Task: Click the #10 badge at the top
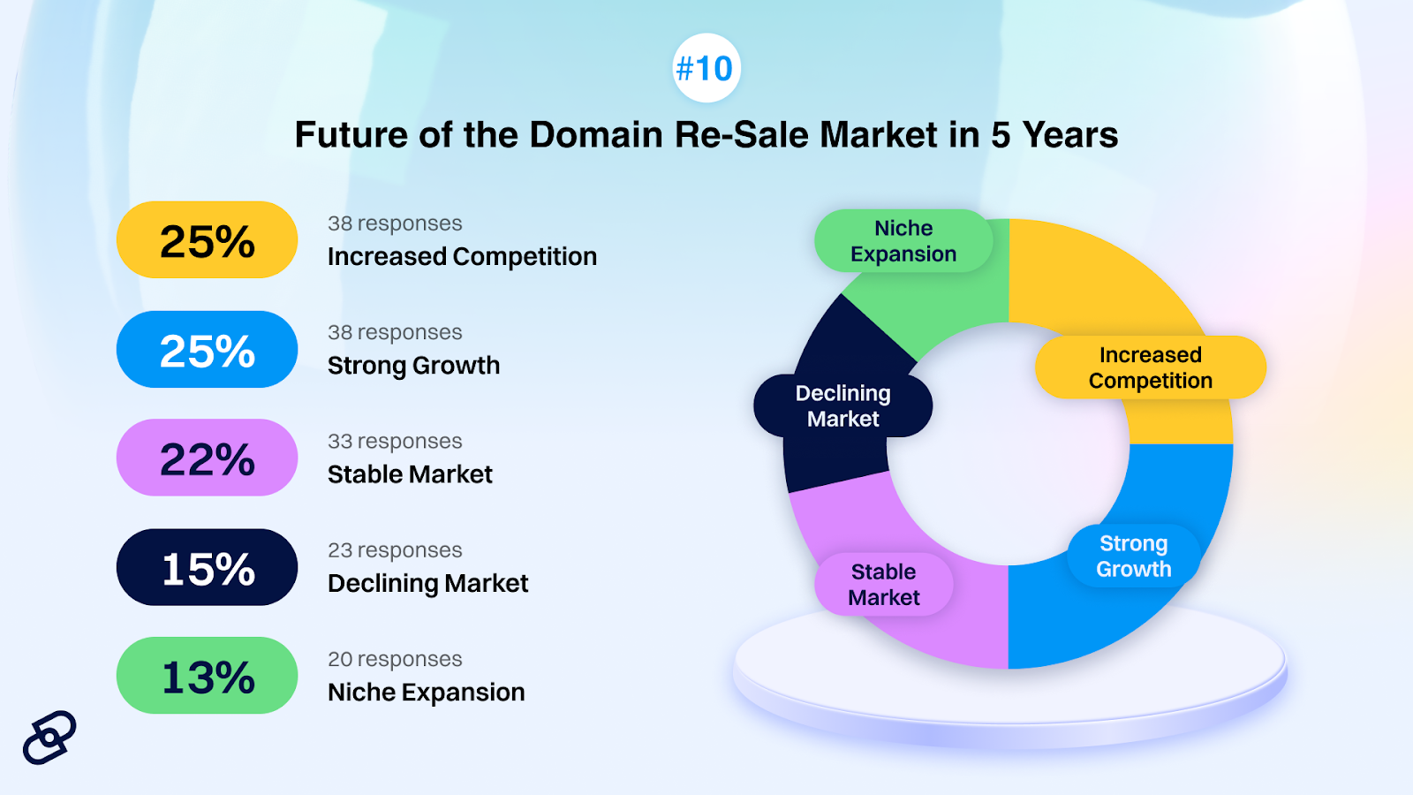706,67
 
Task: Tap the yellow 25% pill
207,239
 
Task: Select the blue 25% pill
207,349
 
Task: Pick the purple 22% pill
207,458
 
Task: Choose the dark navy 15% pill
207,566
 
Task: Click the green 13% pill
207,675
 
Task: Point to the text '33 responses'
395,441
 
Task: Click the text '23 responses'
395,550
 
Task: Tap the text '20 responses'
395,659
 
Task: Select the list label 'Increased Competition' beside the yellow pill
463,257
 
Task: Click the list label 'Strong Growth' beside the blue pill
414,366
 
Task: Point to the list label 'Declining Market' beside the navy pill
427,583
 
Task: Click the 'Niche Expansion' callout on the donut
903,240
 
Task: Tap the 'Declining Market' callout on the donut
843,405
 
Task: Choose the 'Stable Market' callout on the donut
884,584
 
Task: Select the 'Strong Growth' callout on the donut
1134,556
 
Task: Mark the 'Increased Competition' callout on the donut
1151,367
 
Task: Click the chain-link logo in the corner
49,738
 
